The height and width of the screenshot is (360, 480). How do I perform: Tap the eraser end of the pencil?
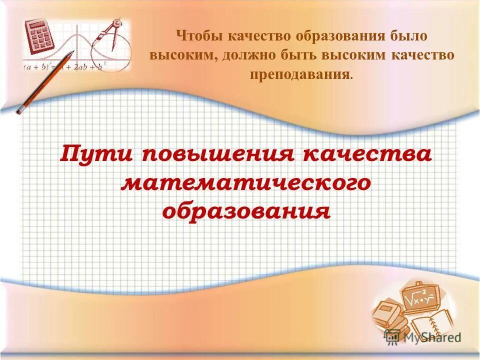20,109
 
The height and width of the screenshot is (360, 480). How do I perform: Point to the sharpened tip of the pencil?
72,52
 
